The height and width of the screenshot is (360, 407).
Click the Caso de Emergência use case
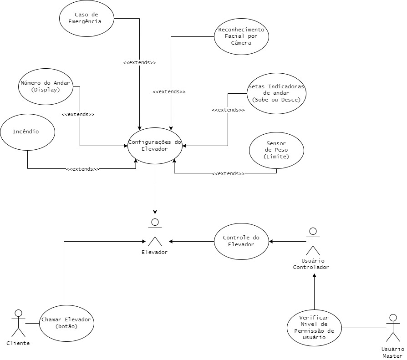(86, 18)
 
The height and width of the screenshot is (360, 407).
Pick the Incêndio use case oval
(27, 132)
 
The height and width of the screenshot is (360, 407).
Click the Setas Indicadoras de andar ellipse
(276, 93)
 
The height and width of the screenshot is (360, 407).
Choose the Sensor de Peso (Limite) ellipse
(276, 151)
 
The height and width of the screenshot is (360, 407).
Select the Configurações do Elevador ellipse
(155, 146)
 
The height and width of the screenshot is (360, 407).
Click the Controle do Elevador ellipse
(241, 241)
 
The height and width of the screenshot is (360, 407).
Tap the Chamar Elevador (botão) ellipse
(66, 323)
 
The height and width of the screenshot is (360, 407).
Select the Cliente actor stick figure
(18, 323)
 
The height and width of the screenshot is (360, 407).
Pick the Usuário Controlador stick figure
(313, 241)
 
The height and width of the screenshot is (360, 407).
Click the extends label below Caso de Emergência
(139, 62)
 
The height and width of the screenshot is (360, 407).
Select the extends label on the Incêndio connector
(82, 169)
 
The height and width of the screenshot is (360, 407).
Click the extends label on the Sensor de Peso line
(228, 173)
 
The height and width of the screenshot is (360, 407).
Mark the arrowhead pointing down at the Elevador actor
(155, 212)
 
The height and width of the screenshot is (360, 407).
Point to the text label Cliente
(18, 343)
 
